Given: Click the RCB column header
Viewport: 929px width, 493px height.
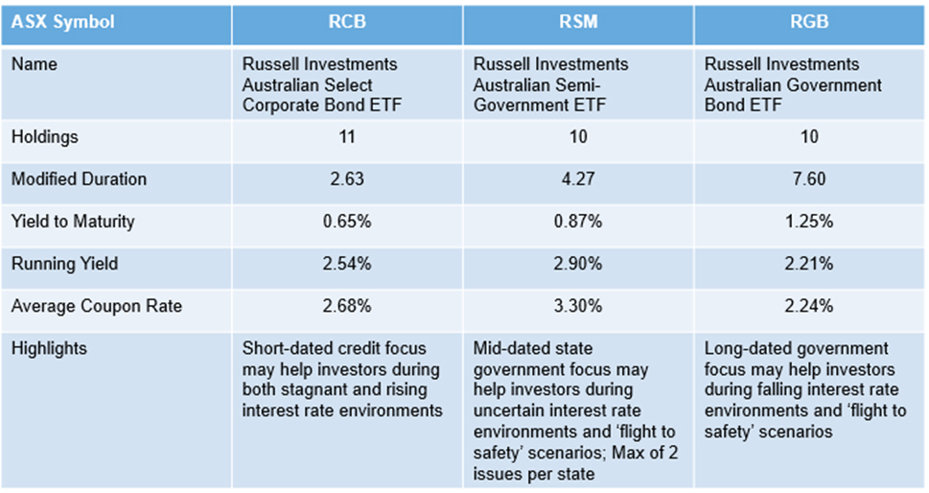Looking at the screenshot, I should tap(347, 21).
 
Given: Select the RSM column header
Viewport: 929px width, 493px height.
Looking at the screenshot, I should tap(578, 21).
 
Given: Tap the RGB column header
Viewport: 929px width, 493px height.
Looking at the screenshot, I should tap(809, 21).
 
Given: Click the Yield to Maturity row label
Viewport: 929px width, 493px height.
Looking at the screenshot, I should tap(73, 222).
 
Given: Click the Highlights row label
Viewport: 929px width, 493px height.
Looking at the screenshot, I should tap(49, 348).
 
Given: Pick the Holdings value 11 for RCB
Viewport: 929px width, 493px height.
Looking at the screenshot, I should tap(347, 137).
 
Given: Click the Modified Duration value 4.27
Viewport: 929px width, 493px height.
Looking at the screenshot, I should tap(578, 179).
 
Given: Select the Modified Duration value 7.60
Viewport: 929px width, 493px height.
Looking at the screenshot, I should tap(809, 179).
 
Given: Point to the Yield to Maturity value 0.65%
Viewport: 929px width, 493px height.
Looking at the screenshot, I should tap(347, 222).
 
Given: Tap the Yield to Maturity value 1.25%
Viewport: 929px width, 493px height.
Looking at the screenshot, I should tap(809, 222).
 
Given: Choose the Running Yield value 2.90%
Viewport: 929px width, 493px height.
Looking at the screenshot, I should tap(578, 264).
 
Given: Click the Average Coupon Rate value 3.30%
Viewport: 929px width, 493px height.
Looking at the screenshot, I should tap(578, 306).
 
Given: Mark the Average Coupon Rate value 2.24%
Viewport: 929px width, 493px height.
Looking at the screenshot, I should tap(809, 306).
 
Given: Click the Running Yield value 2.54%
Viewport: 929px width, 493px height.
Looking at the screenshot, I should tap(347, 264).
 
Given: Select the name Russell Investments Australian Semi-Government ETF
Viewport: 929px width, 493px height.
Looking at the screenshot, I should tap(551, 84).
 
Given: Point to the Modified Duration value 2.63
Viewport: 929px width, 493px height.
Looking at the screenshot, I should tap(347, 179).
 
